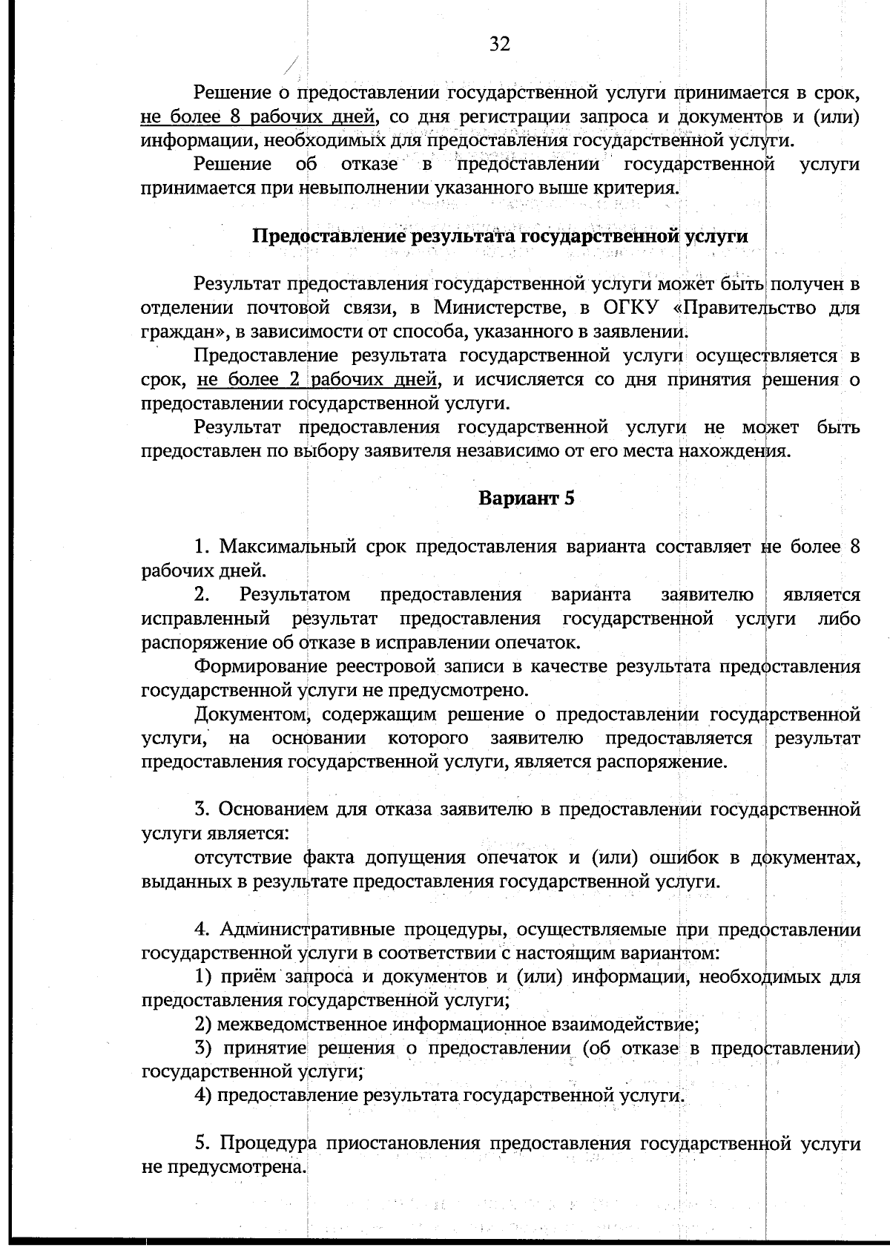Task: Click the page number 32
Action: (500, 45)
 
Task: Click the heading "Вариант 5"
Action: (527, 498)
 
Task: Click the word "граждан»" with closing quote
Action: (173, 332)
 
